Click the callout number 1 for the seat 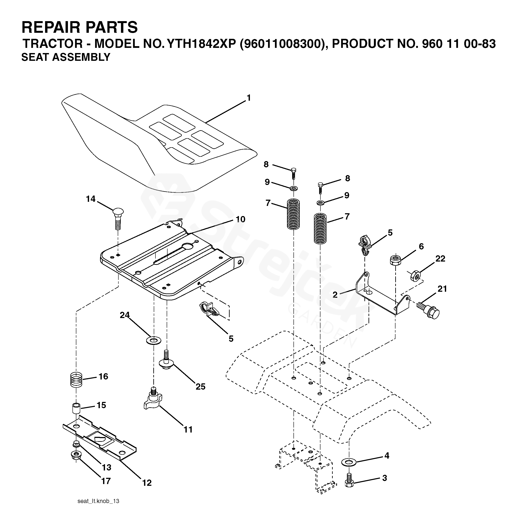pyautogui.click(x=249, y=98)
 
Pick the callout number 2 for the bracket pyautogui.click(x=335, y=295)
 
